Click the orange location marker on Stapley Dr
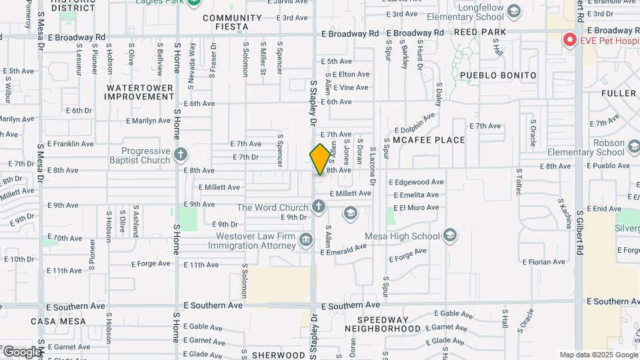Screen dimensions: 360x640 coord(320,159)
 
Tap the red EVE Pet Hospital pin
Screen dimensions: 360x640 coord(569,39)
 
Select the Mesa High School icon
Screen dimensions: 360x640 coord(450,235)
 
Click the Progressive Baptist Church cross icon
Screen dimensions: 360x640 coord(180,156)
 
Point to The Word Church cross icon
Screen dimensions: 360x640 coord(319,207)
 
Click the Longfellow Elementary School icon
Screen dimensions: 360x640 coord(513,11)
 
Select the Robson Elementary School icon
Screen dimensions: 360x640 coord(636,147)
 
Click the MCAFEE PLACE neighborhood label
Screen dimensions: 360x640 coord(428,140)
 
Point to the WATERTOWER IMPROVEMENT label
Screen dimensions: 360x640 coord(140,92)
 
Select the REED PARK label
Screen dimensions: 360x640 coord(480,32)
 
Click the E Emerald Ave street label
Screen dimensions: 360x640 coord(343,247)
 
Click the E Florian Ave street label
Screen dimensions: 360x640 coord(544,262)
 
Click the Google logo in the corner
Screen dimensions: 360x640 coord(21,351)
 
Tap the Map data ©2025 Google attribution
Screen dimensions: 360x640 coord(598,355)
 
